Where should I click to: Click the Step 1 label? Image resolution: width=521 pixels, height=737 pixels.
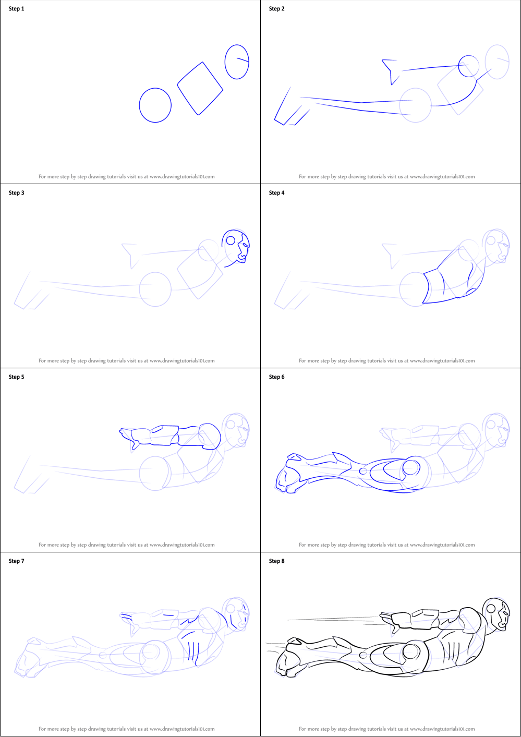click(17, 8)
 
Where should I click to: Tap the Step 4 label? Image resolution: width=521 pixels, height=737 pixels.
click(276, 193)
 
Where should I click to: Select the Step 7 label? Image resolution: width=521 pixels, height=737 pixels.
click(17, 561)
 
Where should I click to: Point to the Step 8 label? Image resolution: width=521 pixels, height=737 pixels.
click(276, 561)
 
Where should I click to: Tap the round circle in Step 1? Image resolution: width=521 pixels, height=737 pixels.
click(139, 105)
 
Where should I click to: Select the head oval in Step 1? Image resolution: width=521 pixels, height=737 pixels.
click(225, 62)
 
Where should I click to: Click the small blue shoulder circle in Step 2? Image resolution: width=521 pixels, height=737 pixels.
click(459, 66)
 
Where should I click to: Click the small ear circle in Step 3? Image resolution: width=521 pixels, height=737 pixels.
click(231, 240)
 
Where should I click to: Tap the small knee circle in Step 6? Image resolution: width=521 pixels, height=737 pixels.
click(363, 471)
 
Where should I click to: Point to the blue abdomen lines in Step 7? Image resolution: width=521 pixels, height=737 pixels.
click(191, 648)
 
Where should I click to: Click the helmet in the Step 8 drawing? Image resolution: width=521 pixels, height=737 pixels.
click(496, 614)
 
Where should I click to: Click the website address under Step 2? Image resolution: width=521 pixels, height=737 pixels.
click(442, 177)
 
